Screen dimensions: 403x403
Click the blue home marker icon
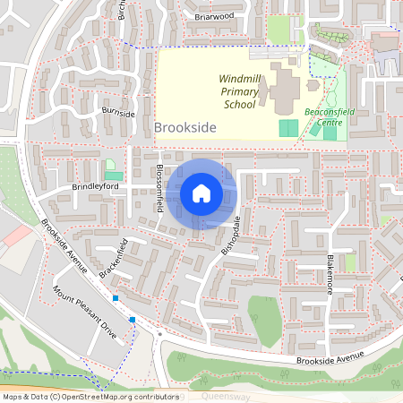click(201, 193)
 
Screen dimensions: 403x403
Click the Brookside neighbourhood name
click(184, 128)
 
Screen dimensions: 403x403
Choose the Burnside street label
click(117, 114)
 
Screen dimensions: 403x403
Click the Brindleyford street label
click(95, 186)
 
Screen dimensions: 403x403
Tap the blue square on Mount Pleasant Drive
click(133, 319)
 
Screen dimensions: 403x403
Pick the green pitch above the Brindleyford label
click(114, 176)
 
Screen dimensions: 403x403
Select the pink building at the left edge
click(16, 236)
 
